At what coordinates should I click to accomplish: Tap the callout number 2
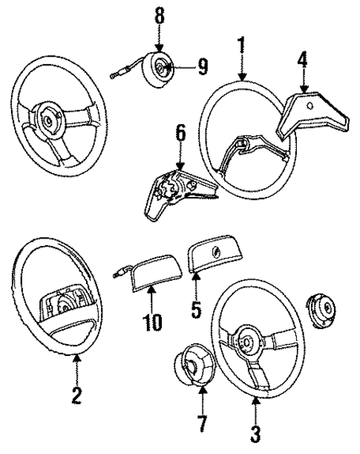click(x=76, y=394)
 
